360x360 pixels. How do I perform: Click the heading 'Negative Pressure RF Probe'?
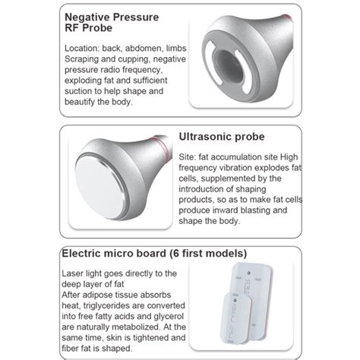coord(112,23)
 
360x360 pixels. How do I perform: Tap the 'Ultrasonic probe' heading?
coord(222,137)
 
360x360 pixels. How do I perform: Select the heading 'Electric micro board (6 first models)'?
coord(154,254)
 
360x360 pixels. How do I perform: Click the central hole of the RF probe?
coord(228,66)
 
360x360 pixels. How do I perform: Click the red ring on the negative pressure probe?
coord(288,17)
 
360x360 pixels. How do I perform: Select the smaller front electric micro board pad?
coord(236,317)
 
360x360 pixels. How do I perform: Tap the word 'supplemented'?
coord(228,178)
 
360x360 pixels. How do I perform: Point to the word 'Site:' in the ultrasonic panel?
coord(188,157)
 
